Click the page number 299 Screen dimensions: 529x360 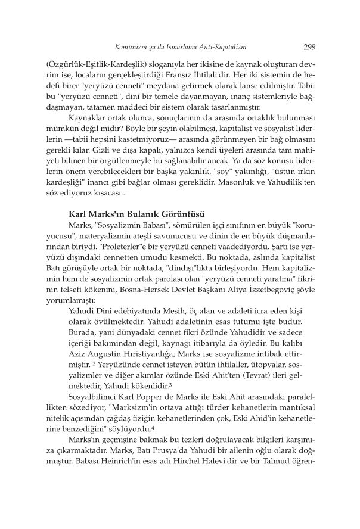[309, 46]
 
